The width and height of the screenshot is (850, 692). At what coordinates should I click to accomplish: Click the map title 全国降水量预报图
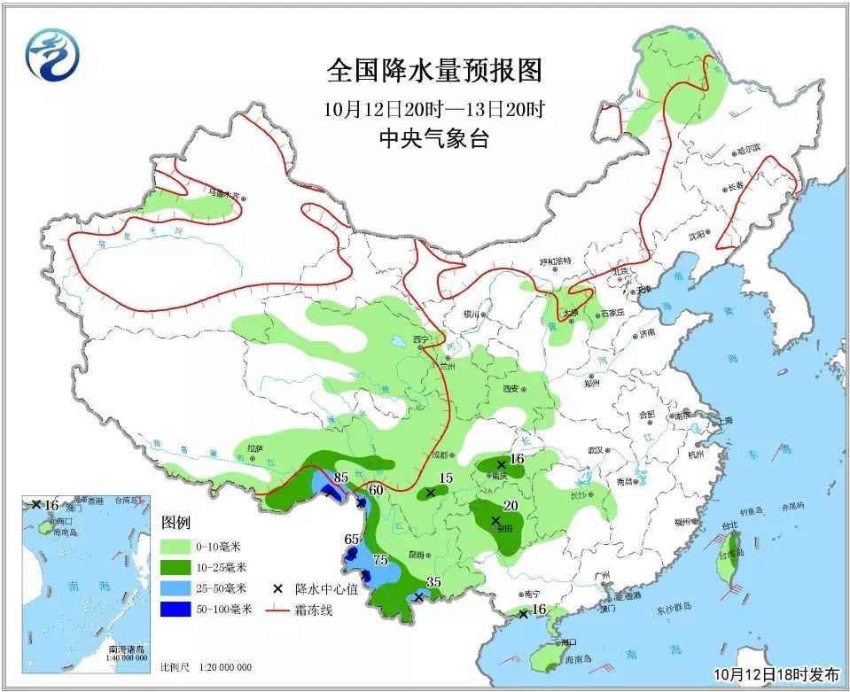point(433,70)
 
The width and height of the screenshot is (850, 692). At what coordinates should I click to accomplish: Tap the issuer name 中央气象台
point(433,138)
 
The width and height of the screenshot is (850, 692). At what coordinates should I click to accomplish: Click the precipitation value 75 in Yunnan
point(380,560)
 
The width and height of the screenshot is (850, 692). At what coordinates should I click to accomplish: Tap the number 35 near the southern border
point(433,582)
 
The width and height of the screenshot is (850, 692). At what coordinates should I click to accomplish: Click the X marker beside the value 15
point(431,493)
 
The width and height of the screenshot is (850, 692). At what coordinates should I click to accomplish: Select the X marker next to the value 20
point(495,520)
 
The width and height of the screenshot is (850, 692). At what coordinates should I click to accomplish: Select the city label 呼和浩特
point(556,261)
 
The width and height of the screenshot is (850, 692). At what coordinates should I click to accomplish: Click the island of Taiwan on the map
point(735,554)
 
